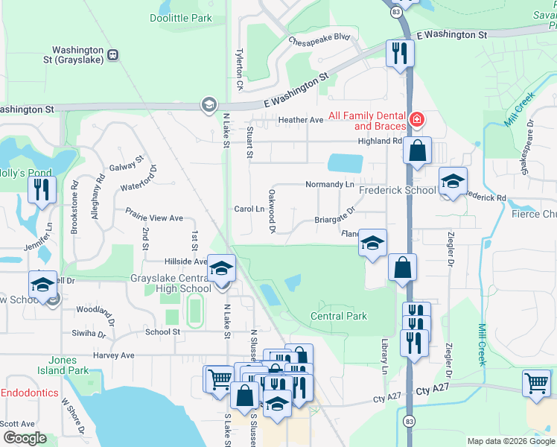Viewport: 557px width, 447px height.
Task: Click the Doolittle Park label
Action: click(180, 19)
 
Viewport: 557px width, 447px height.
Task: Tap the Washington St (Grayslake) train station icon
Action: click(112, 54)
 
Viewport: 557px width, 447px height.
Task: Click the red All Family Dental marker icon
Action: click(416, 118)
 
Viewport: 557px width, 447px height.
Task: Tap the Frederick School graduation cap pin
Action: click(451, 181)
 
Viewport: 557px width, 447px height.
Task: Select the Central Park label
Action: click(338, 316)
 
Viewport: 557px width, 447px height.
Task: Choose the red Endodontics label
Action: click(30, 393)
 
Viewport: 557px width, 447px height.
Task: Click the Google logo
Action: click(25, 438)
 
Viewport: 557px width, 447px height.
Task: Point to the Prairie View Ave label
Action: click(153, 218)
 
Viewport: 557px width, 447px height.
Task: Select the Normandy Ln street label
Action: click(328, 184)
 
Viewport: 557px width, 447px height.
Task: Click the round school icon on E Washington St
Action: click(208, 105)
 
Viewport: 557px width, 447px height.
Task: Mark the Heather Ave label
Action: click(300, 120)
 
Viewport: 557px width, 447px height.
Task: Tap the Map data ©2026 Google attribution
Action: click(510, 441)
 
